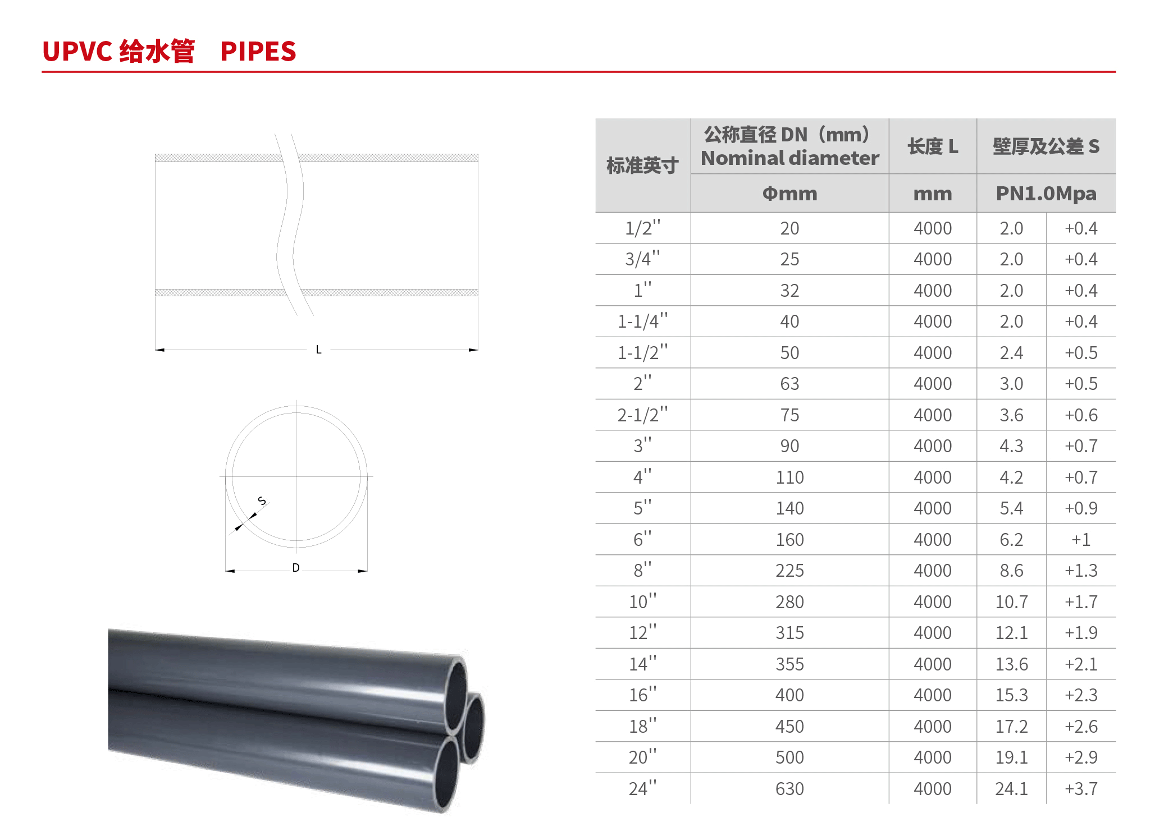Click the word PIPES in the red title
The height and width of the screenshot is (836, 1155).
(x=258, y=52)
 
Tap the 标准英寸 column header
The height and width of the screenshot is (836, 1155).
(x=642, y=166)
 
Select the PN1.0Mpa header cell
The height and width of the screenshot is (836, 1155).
(x=1046, y=194)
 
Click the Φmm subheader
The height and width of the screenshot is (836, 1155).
(x=789, y=194)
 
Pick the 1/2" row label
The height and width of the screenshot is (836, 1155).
(x=643, y=228)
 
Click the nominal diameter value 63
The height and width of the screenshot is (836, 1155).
(x=789, y=384)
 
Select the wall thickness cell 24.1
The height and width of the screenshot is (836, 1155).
(x=1011, y=789)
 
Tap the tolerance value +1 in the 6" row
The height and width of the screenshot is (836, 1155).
(x=1081, y=540)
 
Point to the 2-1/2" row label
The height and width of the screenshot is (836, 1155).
(x=643, y=415)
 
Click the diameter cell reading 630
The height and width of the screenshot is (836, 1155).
(x=789, y=789)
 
